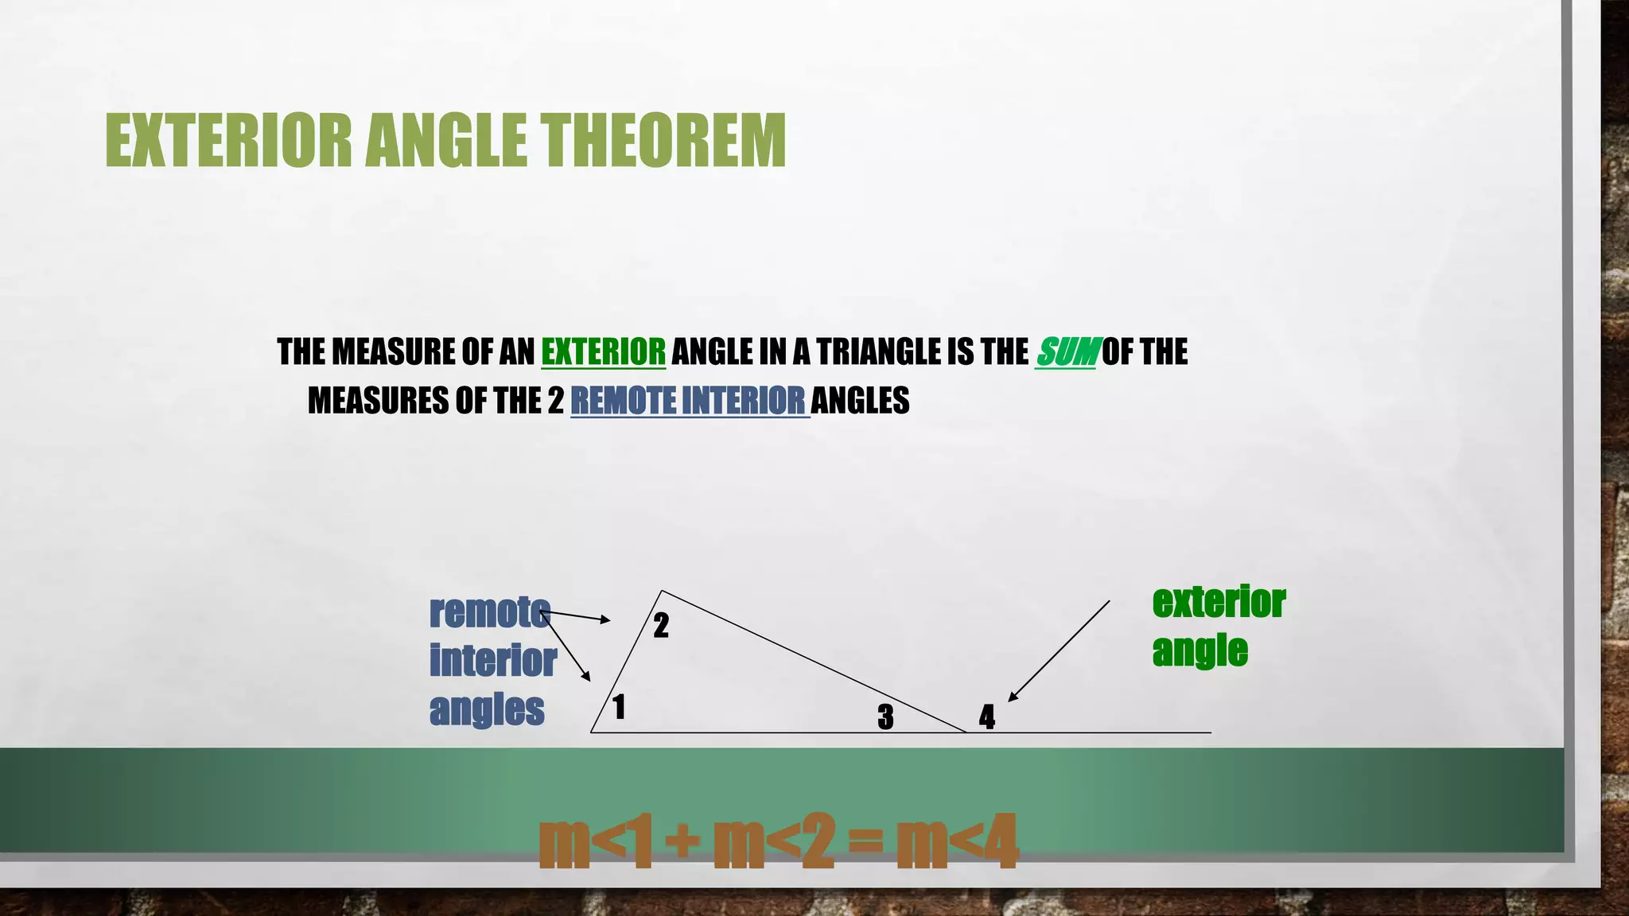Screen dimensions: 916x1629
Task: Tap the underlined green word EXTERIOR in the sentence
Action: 603,351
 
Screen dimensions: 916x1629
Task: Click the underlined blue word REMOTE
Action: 623,401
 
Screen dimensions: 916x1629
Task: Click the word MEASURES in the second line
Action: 378,401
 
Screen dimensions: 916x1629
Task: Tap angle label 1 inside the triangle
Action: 619,707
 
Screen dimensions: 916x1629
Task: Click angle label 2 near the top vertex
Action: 661,626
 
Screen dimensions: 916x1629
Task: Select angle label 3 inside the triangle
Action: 885,717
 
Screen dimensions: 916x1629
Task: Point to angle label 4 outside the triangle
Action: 987,717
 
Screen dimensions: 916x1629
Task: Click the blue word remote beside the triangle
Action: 489,612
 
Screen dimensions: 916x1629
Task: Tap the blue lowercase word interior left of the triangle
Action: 493,661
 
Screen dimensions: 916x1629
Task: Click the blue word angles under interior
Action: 487,709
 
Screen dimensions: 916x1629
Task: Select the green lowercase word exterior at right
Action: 1219,602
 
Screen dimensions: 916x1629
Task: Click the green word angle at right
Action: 1199,651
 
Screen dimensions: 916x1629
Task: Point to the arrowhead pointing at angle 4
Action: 1013,697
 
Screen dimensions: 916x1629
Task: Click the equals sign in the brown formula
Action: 865,841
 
